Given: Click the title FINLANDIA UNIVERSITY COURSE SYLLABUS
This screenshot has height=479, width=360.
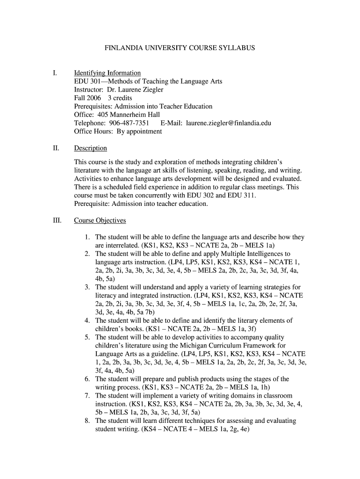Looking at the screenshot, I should (180, 48).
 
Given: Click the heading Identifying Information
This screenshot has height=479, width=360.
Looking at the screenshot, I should (107, 73).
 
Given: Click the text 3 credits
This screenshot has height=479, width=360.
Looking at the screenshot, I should (120, 98).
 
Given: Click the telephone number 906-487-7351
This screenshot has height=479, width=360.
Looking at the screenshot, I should (129, 123).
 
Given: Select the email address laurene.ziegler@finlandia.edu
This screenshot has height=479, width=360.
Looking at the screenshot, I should (229, 123).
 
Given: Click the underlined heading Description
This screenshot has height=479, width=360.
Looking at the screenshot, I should (91, 148).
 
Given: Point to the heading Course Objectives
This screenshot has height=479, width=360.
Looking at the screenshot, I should (100, 220).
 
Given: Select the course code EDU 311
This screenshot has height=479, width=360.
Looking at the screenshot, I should (243, 196).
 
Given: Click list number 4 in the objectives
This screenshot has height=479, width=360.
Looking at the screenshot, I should (87, 320).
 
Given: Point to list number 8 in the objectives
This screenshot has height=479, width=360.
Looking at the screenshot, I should (87, 421).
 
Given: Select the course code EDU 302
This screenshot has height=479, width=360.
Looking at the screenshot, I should (202, 196).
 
